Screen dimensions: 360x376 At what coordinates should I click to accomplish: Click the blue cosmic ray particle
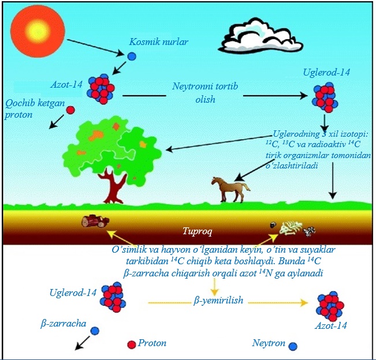[132, 57]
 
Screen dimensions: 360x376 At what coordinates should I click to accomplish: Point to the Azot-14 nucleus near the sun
[102, 88]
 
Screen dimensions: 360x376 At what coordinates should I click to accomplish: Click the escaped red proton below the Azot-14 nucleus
[70, 110]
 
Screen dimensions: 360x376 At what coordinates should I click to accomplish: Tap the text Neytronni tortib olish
[205, 92]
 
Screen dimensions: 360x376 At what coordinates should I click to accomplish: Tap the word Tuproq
[198, 232]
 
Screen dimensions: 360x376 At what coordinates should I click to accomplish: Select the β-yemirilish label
[218, 301]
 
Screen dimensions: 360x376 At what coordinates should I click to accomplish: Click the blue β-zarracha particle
[95, 331]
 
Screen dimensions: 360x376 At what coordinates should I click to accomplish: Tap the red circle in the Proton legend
[131, 344]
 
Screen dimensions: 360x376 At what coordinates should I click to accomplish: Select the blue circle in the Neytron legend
[293, 346]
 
